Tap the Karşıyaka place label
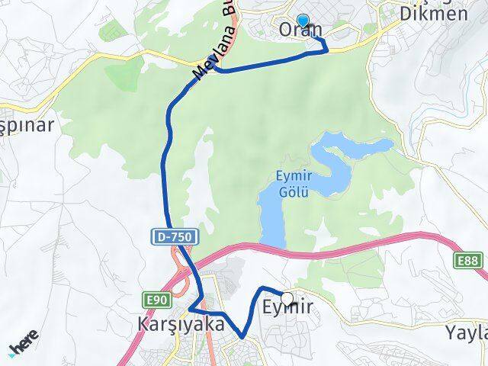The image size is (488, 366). coord(171,324)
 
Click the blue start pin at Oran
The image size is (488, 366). coord(303,22)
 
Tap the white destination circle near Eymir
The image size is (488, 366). coord(287,298)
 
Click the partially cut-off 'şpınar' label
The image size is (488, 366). coord(27,124)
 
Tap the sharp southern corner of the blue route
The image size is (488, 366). coord(242,336)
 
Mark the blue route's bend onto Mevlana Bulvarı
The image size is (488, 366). coord(216,69)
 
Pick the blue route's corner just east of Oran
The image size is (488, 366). coord(327,50)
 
